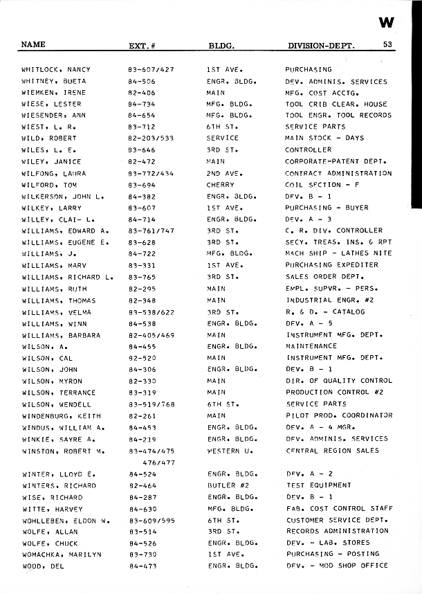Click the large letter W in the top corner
pyautogui.click(x=387, y=22)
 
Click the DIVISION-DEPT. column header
pyautogui.click(x=321, y=46)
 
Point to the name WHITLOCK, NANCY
pyautogui.click(x=56, y=70)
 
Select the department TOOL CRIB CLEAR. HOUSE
pyautogui.click(x=336, y=105)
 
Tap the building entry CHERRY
pyautogui.click(x=221, y=186)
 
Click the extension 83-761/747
pyautogui.click(x=151, y=231)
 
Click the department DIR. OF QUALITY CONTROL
pyautogui.click(x=339, y=381)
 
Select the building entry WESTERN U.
pyautogui.click(x=229, y=451)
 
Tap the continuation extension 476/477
pyautogui.click(x=158, y=462)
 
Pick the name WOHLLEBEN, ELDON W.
pyautogui.click(x=66, y=520)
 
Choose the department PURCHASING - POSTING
pyautogui.click(x=332, y=555)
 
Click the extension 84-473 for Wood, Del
pyautogui.click(x=141, y=566)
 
